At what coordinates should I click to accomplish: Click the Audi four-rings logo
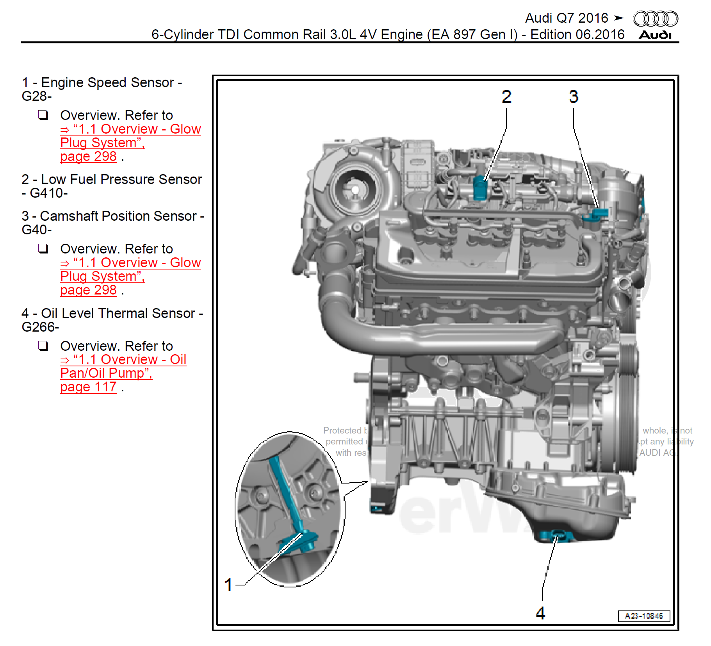[x=656, y=19]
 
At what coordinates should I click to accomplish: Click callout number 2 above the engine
[x=506, y=96]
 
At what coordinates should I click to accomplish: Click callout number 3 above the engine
[x=573, y=96]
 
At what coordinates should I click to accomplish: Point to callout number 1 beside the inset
[x=229, y=585]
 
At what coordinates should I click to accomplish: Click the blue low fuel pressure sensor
[x=480, y=188]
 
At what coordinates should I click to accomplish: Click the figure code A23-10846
[x=644, y=616]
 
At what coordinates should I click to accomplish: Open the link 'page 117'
[x=88, y=387]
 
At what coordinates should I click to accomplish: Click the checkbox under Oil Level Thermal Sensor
[x=43, y=346]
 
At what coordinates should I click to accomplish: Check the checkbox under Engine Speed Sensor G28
[x=43, y=115]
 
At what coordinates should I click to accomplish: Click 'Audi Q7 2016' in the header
[x=566, y=18]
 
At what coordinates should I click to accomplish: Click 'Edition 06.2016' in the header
[x=577, y=34]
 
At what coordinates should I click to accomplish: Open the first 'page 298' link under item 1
[x=88, y=157]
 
